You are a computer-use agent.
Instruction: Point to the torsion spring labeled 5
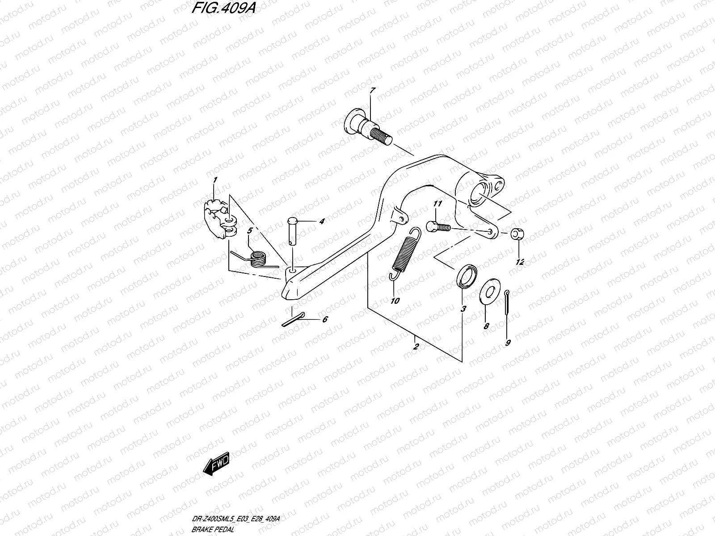pos(257,258)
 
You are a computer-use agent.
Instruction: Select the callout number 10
pos(395,301)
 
